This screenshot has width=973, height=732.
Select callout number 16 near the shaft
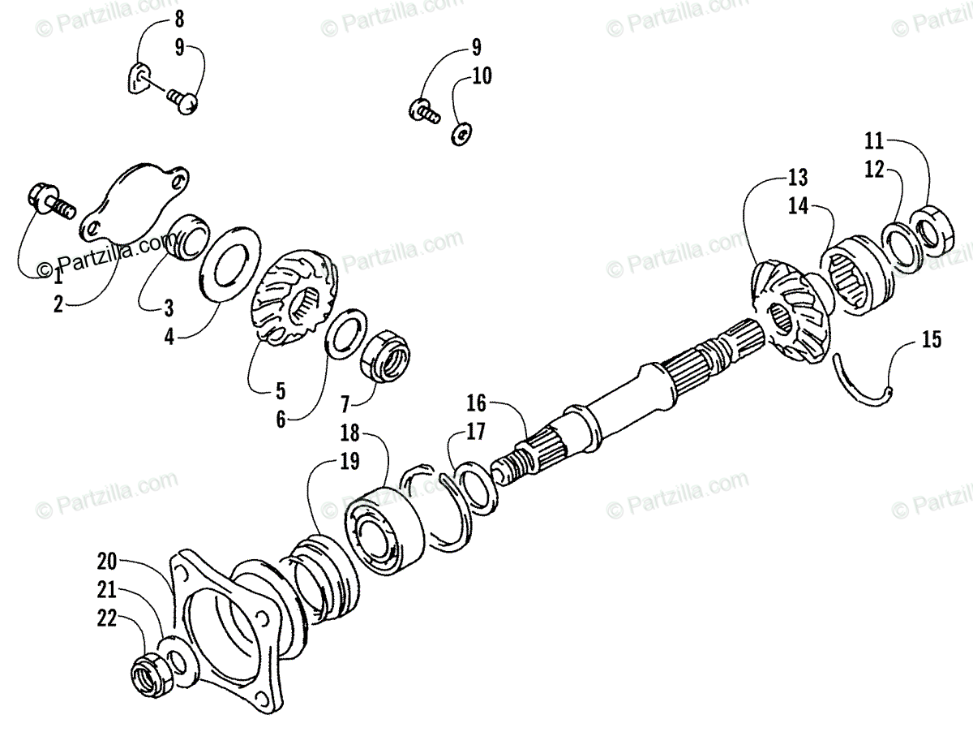477,402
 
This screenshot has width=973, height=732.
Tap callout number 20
108,560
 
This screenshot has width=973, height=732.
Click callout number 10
482,77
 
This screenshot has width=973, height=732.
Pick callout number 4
169,336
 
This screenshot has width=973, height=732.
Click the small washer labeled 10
461,133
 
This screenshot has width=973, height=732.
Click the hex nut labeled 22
149,674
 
